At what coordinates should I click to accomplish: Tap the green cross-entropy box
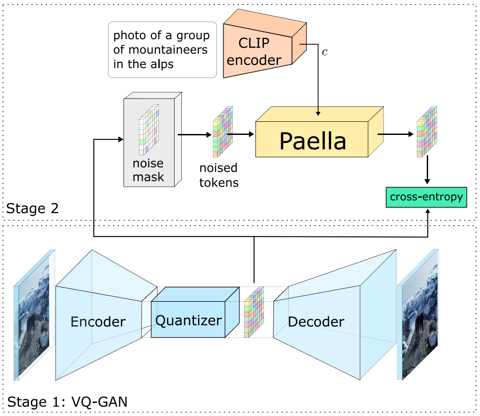click(426, 197)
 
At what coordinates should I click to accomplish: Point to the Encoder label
click(98, 322)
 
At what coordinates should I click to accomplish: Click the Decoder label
click(316, 322)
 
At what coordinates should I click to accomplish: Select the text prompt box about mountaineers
click(162, 50)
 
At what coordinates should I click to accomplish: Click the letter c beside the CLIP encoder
click(325, 52)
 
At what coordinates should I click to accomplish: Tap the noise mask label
click(148, 170)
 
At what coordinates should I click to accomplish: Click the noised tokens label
click(219, 176)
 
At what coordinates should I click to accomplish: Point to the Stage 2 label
click(32, 208)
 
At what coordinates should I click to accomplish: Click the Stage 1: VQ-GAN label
click(67, 402)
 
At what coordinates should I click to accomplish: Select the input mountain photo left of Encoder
click(34, 315)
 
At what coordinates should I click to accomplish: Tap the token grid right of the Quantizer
click(254, 312)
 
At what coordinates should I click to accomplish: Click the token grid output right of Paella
click(427, 132)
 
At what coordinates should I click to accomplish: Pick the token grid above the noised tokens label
click(223, 132)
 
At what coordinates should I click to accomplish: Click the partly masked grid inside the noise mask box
click(149, 130)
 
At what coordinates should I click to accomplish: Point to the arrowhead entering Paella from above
click(318, 114)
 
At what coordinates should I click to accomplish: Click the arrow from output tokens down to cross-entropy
click(427, 170)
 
